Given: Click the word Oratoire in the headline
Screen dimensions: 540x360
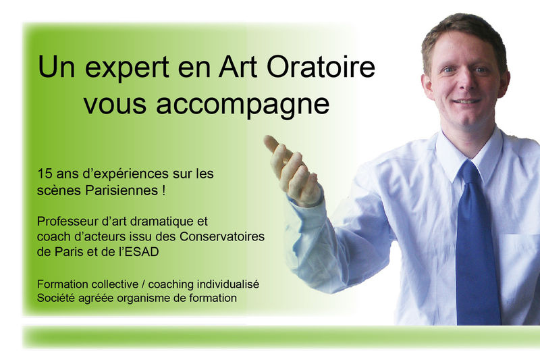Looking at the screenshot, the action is (321, 66).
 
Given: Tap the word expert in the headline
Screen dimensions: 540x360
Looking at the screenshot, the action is (127, 68).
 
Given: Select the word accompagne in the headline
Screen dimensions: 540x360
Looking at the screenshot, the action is (243, 105).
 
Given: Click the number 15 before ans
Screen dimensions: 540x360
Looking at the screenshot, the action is (45, 174).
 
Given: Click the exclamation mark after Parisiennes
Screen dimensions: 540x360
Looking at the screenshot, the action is (163, 190).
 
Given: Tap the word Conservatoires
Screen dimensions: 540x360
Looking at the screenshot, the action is (222, 236).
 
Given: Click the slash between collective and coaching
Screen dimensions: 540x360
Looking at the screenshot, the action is (143, 284).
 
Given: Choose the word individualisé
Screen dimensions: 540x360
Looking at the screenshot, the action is (227, 284).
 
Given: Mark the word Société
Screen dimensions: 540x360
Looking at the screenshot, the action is (56, 298).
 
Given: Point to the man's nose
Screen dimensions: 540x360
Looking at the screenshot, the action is (464, 82).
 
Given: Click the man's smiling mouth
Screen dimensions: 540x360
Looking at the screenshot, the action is (466, 101).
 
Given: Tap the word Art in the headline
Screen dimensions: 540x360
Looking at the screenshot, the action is (238, 66).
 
